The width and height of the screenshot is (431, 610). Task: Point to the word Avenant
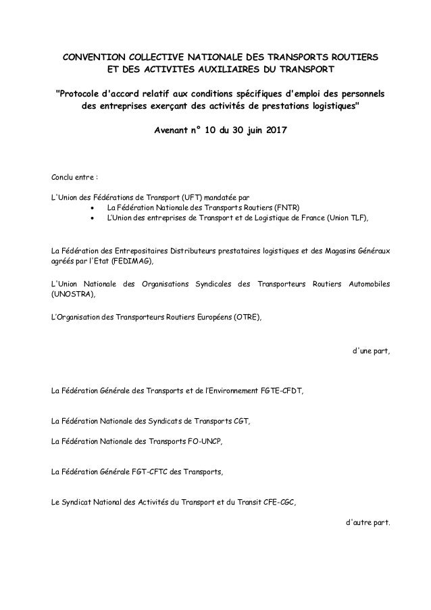click(175, 129)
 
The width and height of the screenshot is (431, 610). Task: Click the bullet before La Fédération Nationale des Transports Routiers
click(93, 208)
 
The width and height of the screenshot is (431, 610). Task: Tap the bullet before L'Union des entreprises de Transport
click(93, 219)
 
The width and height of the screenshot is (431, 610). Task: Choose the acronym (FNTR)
click(287, 208)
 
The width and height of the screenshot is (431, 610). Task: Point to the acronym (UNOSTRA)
click(73, 295)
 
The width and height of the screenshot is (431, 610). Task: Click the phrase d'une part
click(372, 352)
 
